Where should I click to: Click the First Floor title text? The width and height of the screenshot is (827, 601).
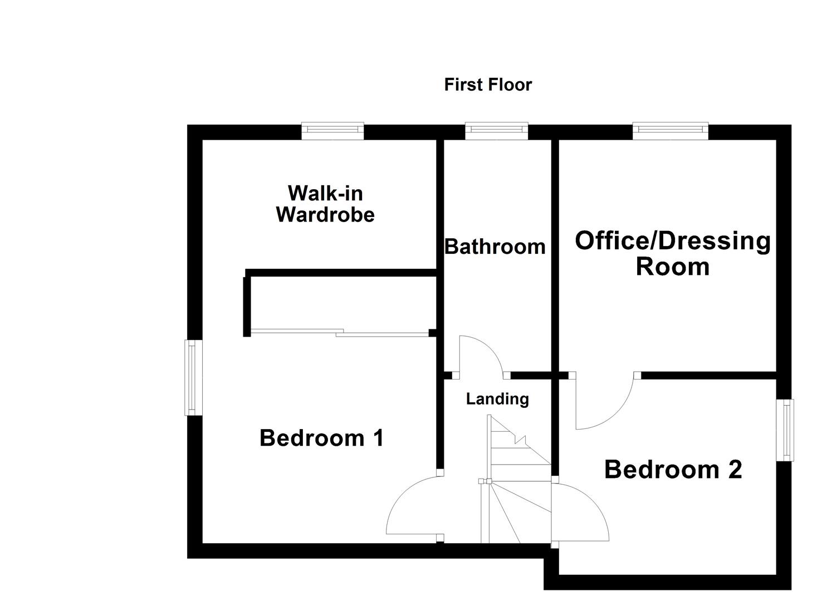(488, 85)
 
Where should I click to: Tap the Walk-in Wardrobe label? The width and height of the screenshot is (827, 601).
(325, 204)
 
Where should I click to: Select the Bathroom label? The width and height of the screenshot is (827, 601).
(495, 246)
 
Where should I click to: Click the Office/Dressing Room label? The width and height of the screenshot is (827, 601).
(673, 253)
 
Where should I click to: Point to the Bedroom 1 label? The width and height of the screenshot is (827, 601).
(321, 438)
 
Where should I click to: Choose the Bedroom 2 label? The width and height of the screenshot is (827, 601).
(673, 470)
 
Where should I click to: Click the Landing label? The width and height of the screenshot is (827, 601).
(497, 398)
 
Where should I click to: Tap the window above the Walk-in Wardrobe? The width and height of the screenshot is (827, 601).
(332, 131)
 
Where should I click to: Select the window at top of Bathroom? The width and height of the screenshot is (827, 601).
(496, 131)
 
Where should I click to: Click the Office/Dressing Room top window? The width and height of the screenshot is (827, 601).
(671, 131)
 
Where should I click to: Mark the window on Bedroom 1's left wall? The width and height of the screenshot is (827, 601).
(192, 378)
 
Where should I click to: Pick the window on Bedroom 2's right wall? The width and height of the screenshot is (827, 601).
(785, 430)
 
